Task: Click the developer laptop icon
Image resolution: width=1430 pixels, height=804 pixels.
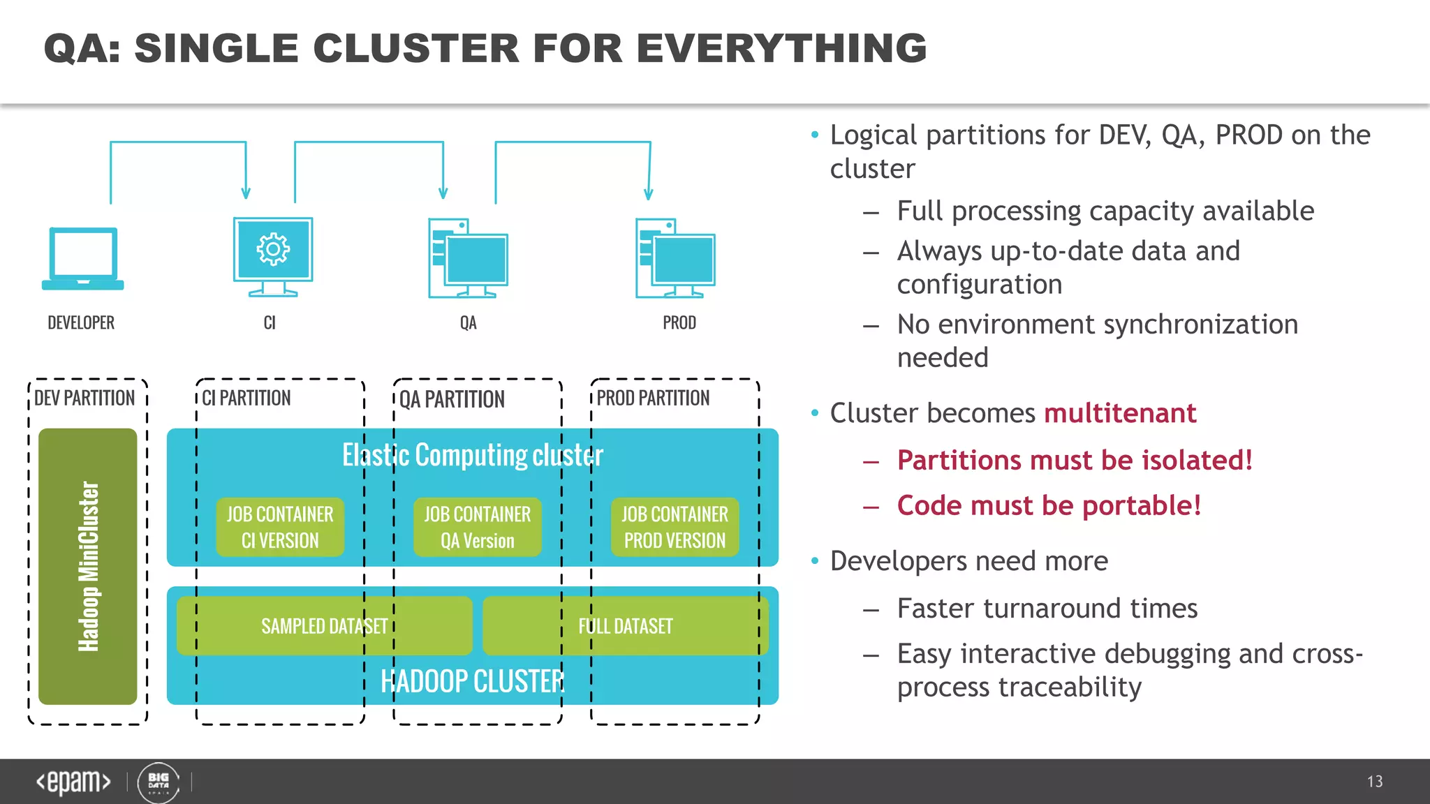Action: tap(83, 258)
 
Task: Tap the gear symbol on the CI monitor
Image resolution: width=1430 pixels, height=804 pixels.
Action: tap(273, 249)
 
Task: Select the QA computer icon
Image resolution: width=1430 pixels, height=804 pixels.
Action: tap(468, 258)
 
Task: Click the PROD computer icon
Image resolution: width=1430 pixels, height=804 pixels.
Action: tap(675, 258)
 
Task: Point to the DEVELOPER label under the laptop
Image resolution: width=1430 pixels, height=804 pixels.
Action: tap(81, 322)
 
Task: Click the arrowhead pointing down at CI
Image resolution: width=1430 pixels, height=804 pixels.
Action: tap(246, 192)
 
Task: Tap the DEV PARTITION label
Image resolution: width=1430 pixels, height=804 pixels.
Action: tap(84, 398)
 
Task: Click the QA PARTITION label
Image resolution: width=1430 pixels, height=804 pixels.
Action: tap(452, 399)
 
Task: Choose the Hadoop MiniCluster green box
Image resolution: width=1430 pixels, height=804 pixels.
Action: tap(88, 566)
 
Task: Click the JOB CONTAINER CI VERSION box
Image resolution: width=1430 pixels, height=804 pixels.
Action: tap(280, 527)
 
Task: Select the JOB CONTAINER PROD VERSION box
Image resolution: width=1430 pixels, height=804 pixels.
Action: tap(675, 527)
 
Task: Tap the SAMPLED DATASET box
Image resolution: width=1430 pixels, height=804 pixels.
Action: tap(324, 626)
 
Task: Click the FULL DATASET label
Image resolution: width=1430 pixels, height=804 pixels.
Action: tap(625, 626)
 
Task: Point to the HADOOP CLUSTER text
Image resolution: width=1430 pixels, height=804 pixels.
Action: tap(473, 681)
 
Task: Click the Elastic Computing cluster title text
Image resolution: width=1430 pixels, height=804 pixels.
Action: tap(473, 455)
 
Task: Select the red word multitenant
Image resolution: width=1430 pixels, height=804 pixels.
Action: tap(1120, 413)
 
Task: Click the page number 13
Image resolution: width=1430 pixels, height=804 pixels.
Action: tap(1375, 782)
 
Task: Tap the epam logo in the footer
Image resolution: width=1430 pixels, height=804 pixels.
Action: tap(73, 782)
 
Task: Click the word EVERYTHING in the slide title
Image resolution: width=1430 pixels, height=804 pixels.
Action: tap(781, 48)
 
